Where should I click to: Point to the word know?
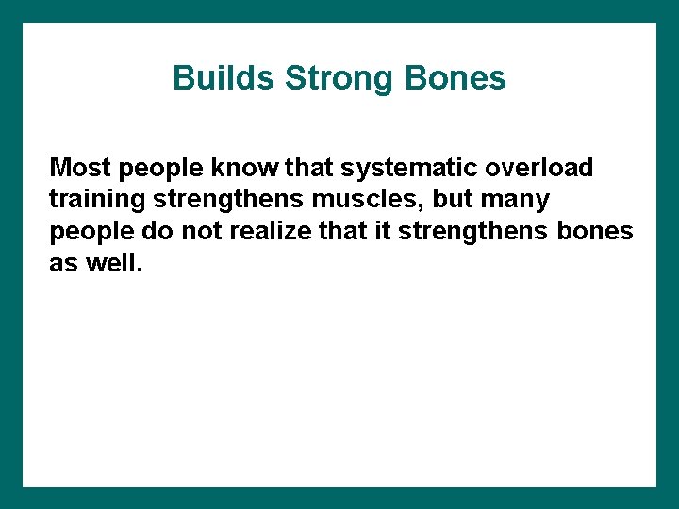click(245, 168)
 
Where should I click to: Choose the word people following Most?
click(160, 168)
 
